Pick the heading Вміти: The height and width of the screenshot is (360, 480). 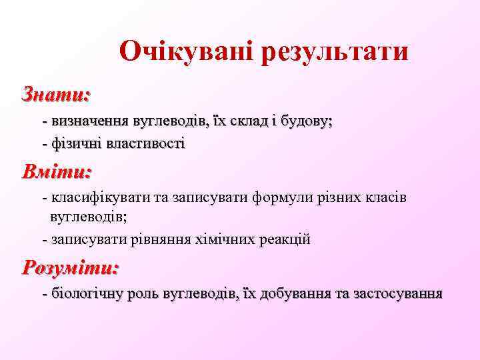click(x=57, y=172)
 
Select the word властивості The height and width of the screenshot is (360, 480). click(x=143, y=143)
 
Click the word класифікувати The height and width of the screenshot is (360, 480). click(x=101, y=198)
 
